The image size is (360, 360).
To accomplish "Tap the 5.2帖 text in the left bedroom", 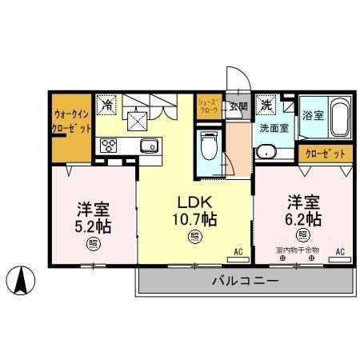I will pos(94,224).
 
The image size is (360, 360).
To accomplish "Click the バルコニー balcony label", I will pos(245,281).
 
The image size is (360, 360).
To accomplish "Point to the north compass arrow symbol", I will pos(22,280).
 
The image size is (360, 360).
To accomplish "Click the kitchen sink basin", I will pos(150,146).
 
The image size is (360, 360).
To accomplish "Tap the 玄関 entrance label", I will pos(238,106).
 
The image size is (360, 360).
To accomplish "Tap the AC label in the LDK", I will pos(238,252).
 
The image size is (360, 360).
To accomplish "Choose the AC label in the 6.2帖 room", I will pos(339,252).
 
